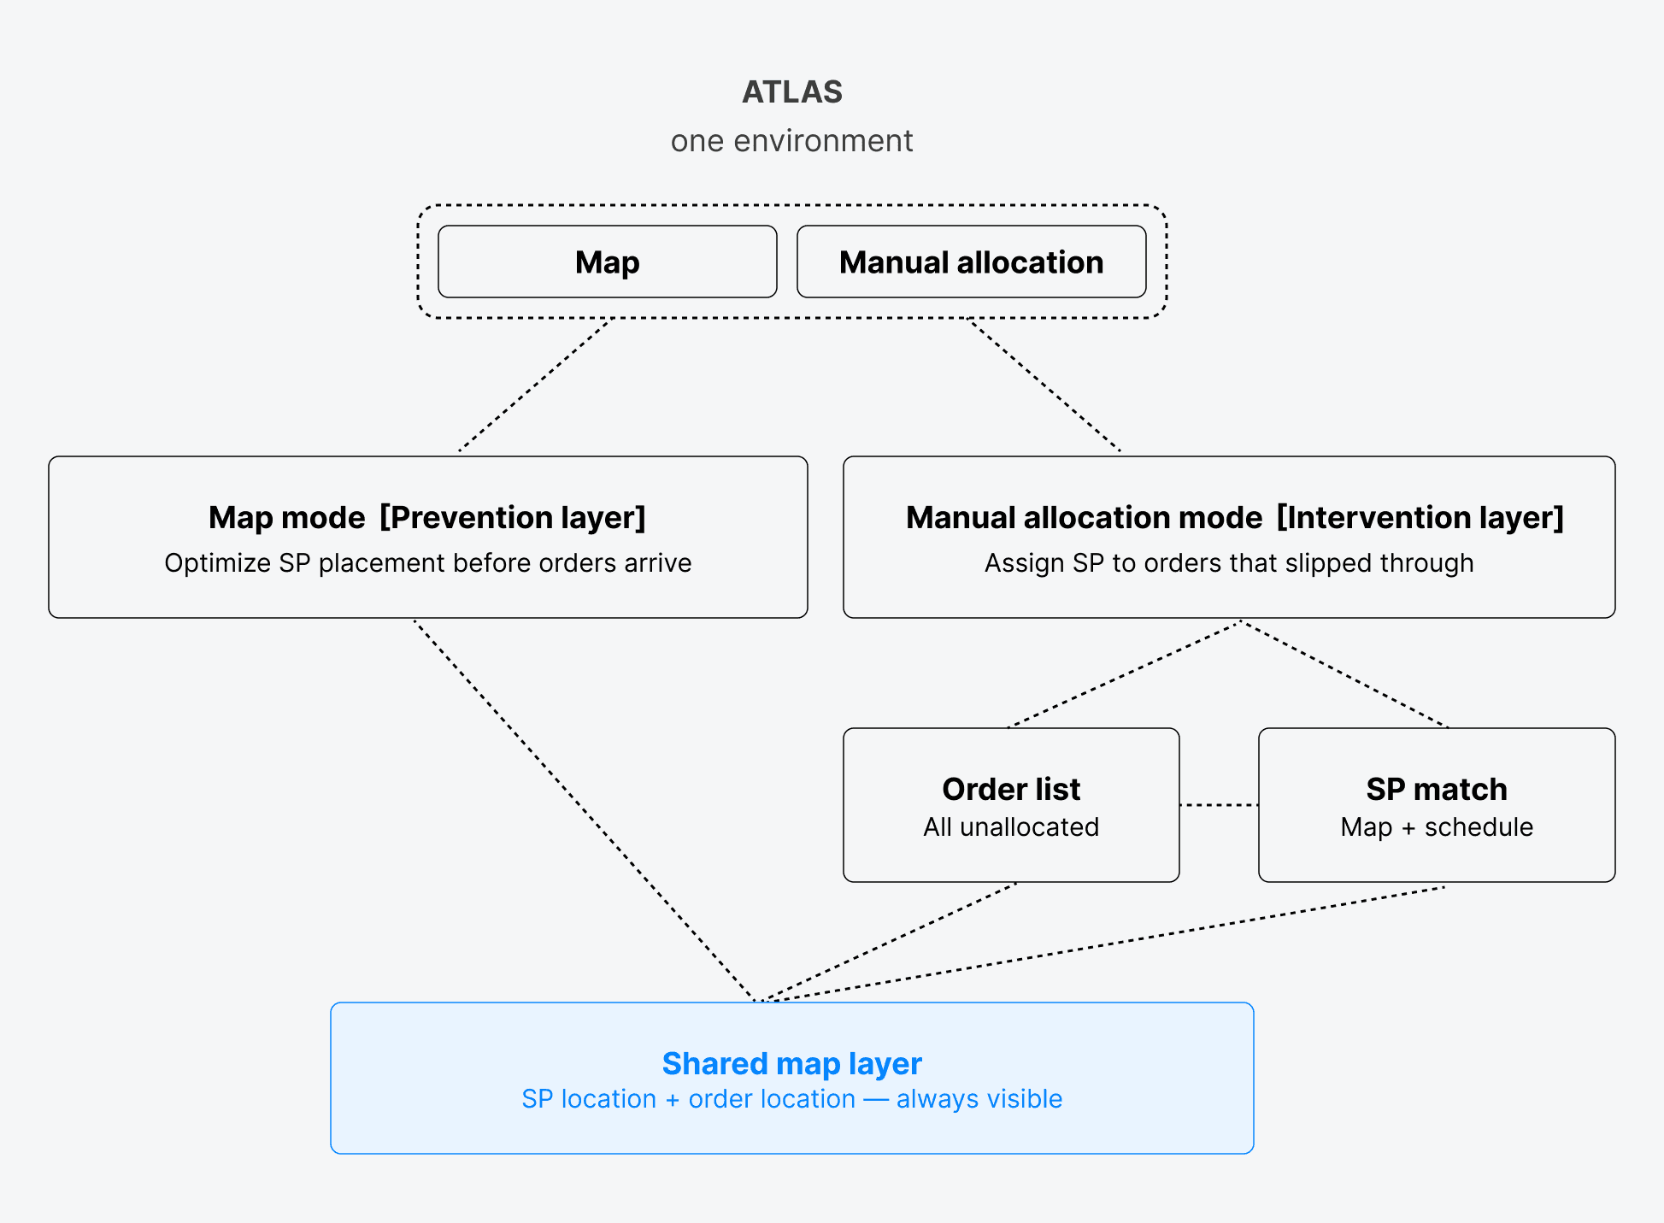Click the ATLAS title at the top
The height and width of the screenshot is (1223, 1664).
pos(792,92)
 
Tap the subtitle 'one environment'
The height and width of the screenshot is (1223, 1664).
pos(792,141)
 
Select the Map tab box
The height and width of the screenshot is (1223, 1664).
pos(607,262)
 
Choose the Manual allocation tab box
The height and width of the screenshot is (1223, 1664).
pos(971,262)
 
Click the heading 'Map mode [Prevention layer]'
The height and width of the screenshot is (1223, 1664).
pos(426,518)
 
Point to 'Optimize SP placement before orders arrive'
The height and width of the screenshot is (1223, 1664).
pos(427,563)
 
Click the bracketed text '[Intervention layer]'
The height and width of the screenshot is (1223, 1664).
pos(1420,518)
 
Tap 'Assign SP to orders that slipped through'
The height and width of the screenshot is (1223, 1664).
pos(1229,563)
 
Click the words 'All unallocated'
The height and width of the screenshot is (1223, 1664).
pos(1011,827)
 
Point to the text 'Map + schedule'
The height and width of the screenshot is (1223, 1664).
pos(1437,827)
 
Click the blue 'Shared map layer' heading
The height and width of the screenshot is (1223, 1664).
pos(792,1064)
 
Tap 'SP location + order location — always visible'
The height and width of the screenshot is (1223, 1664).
pos(792,1099)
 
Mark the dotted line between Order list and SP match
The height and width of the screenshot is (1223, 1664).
pos(1219,805)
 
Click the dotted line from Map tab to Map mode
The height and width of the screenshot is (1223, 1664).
pos(534,385)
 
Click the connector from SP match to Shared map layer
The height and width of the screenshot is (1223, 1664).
pos(1102,944)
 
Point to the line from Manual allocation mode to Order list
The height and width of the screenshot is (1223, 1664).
pos(1124,675)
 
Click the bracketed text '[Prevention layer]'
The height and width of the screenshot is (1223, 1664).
pos(513,518)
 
